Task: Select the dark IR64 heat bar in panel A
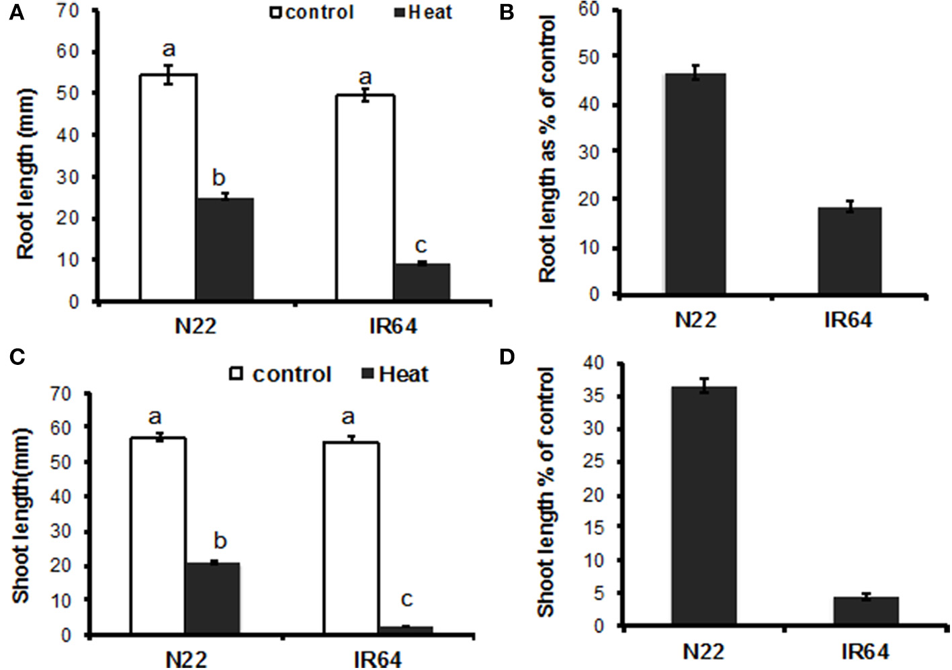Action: tap(421, 282)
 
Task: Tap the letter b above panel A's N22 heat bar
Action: tap(219, 177)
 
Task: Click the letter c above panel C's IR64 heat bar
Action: tap(406, 598)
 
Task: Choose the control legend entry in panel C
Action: tap(282, 374)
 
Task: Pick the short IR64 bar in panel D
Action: tap(866, 611)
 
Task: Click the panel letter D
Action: tap(507, 356)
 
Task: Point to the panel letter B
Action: tap(507, 13)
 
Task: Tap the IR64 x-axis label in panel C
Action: tap(378, 659)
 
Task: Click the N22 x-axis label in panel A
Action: tap(196, 326)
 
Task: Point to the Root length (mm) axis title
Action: tap(26, 173)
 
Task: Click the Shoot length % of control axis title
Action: tap(546, 491)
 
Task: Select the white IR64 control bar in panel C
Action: tap(351, 538)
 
